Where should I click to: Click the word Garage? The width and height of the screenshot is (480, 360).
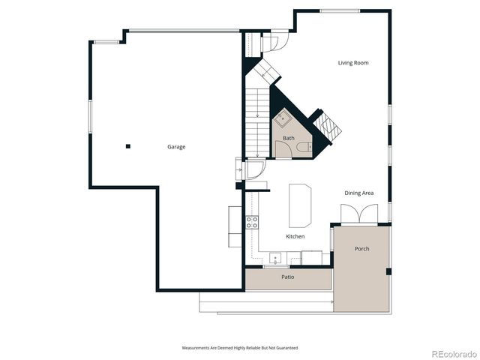click(176, 147)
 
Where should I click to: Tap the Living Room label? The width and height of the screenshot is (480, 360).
click(352, 63)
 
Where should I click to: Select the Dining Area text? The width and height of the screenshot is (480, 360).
click(358, 193)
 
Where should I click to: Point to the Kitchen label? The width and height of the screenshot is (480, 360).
click(295, 236)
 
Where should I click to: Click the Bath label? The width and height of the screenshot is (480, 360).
click(288, 138)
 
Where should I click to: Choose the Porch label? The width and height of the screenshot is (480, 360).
click(362, 249)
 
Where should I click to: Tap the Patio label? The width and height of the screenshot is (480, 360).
click(287, 277)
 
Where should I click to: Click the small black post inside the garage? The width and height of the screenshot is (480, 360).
click(128, 146)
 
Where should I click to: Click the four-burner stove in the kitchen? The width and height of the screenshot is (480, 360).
click(253, 222)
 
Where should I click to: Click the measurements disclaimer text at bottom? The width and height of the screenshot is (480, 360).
click(240, 348)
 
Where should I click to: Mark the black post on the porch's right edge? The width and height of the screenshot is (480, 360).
click(388, 271)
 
